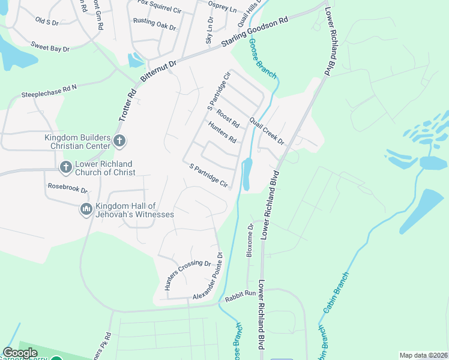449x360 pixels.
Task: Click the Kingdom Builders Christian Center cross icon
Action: coord(119,142)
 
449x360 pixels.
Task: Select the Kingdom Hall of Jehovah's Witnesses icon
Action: coord(86,209)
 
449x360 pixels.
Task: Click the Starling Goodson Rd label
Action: coord(255,32)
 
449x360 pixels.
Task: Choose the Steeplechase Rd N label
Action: coord(49,91)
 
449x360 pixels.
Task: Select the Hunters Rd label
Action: coord(222,133)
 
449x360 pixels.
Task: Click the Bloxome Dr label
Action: coord(250,241)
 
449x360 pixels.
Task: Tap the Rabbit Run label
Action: coord(240,296)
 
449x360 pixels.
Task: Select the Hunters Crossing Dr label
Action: coord(187,275)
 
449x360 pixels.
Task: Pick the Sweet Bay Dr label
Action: coord(50,46)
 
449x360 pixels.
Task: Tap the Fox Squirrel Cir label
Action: coord(160,5)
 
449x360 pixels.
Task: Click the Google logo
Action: coord(20,353)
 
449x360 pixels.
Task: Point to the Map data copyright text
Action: coord(423,355)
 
